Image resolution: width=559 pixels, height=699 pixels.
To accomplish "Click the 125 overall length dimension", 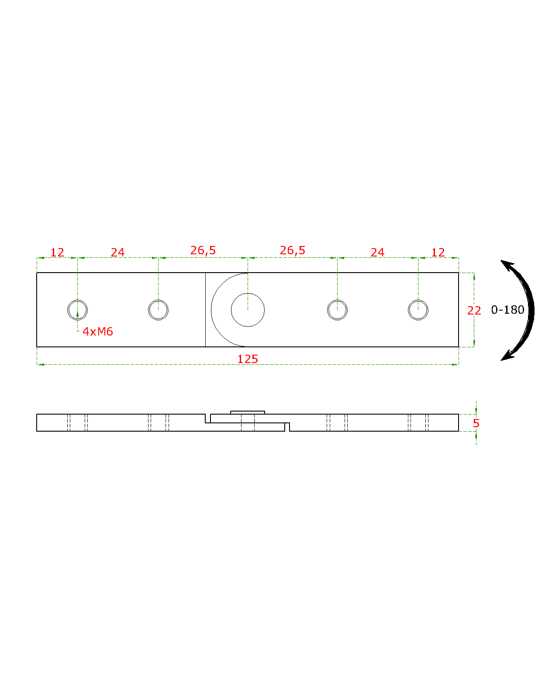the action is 248,359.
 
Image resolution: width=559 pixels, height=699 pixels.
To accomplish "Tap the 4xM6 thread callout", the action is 98,331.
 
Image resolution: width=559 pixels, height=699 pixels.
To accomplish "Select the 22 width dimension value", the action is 474,311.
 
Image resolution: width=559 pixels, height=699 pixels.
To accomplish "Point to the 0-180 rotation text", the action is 507,310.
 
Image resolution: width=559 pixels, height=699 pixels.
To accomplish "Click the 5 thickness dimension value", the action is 476,423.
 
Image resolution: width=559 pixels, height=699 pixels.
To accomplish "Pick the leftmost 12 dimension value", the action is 57,253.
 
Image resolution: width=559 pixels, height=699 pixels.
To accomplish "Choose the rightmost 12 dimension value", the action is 438,253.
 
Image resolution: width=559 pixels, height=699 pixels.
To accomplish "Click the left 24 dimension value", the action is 117,253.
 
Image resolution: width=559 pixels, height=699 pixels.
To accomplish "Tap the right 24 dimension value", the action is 377,253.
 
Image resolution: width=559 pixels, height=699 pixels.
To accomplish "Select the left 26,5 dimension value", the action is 203,250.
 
